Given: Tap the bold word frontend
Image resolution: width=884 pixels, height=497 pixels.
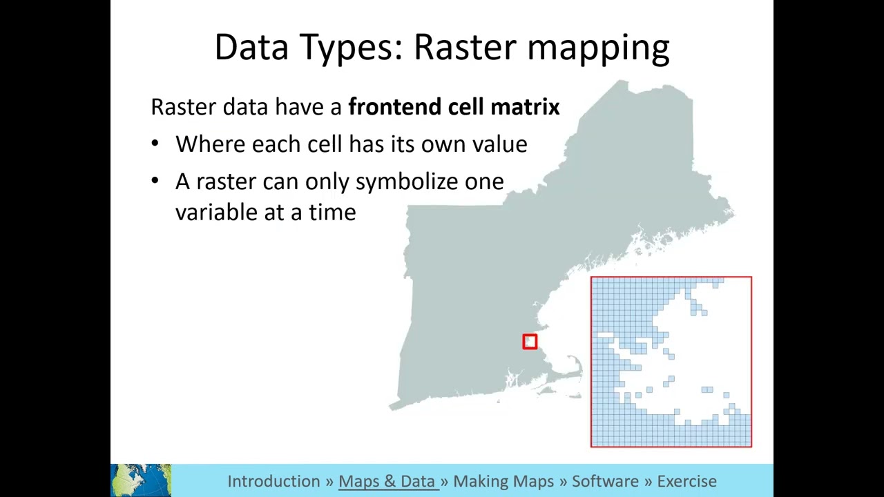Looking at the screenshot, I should pos(394,107).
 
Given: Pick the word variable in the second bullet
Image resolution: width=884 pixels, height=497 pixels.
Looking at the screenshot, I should pos(217,213).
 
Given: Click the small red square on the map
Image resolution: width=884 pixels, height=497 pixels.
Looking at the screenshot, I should pos(530,342).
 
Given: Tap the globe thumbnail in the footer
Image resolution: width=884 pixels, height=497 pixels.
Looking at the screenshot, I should pos(141,480).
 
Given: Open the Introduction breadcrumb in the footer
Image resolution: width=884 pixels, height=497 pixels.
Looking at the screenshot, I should pos(273,481).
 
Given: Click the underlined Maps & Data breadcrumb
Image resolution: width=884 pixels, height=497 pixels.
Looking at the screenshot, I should pos(387,481).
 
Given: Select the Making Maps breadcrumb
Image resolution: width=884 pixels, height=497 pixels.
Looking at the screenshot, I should pos(503,481).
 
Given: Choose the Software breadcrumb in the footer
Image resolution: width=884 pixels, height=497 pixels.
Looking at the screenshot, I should pos(605,481).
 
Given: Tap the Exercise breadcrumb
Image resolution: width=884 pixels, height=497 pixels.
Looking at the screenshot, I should pos(686,481).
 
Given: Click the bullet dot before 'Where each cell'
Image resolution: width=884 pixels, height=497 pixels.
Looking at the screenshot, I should pos(155,144).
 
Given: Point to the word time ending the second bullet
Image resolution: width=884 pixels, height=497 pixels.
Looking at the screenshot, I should pos(332,213).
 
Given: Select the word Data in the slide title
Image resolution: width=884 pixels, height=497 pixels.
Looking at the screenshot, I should pos(252,48).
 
